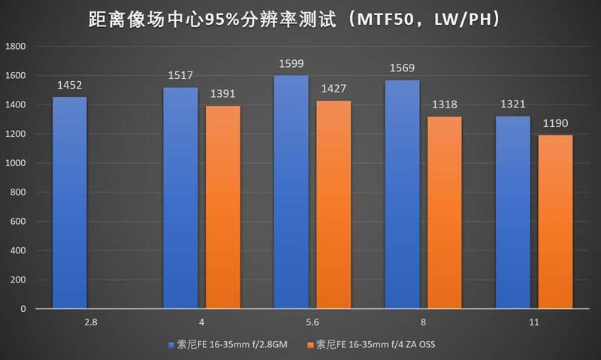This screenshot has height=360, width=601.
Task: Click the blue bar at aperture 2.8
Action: point(69,203)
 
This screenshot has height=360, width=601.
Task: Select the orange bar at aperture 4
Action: point(223,207)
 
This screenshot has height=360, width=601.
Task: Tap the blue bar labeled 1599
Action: point(291,192)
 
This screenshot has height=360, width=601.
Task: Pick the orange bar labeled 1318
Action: point(444,213)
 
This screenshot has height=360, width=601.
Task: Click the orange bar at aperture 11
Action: point(555,222)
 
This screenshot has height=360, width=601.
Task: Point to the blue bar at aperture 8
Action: point(401,195)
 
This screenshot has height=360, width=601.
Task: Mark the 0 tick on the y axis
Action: point(23,309)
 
